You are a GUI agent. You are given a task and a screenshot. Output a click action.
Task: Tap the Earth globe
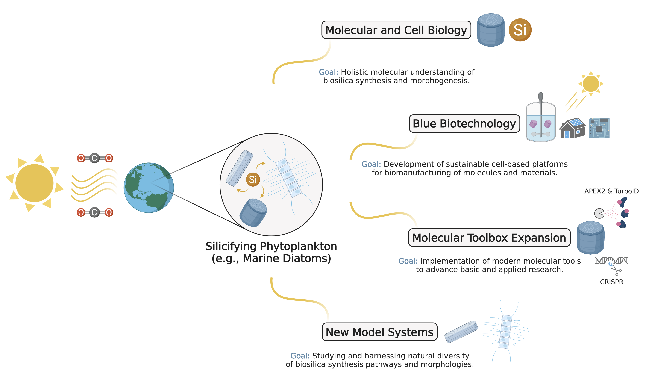[149, 188]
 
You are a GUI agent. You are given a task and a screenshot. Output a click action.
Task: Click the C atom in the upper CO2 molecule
[94, 158]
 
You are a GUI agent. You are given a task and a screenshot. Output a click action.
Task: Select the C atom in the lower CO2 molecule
[94, 212]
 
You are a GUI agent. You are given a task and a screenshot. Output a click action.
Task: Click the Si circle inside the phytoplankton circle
[253, 179]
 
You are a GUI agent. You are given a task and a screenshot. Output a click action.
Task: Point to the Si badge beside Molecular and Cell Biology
[520, 30]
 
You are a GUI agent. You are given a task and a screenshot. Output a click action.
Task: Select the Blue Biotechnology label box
[464, 123]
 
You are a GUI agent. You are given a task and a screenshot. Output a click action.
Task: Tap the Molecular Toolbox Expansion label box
[489, 238]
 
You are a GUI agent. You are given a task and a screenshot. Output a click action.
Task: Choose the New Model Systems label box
[379, 332]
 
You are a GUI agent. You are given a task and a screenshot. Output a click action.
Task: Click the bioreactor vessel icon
[540, 121]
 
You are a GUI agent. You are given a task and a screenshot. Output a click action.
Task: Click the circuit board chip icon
[599, 128]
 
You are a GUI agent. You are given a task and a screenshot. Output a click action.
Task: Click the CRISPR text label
[611, 282]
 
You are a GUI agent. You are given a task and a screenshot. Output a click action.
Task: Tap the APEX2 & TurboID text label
[611, 191]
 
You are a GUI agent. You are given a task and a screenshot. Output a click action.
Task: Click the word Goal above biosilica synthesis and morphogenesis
[328, 72]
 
